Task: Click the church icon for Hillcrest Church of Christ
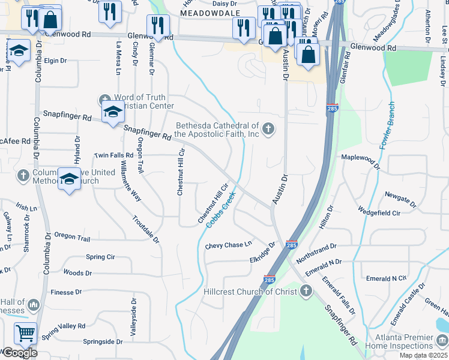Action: click(x=306, y=292)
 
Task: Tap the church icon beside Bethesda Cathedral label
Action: click(x=268, y=128)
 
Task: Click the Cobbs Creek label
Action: click(x=221, y=208)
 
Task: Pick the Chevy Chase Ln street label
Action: click(x=228, y=245)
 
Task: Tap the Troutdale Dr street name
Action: click(x=146, y=229)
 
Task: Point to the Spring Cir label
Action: click(x=100, y=257)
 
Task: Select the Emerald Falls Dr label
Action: click(x=338, y=296)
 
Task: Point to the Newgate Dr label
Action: click(x=400, y=197)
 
